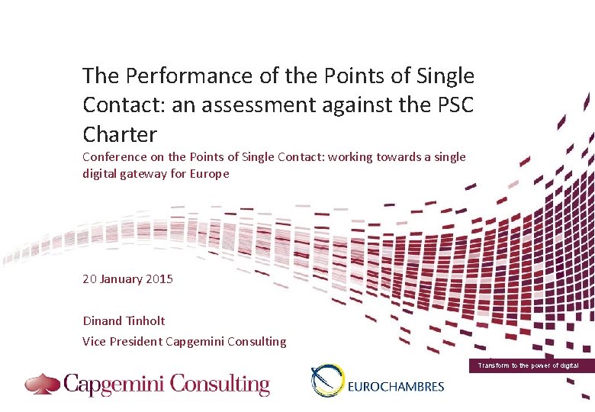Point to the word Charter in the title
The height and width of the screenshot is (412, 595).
coord(120,134)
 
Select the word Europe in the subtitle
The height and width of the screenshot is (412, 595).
coord(211,173)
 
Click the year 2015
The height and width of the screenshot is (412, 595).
coord(159,278)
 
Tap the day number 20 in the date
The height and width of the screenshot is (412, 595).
coord(89,278)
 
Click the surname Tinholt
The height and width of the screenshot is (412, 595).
coord(144,320)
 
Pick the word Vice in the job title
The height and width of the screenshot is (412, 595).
coord(95,342)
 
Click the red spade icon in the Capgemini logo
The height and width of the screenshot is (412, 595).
coord(42,383)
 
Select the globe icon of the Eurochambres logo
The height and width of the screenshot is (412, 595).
coord(327,381)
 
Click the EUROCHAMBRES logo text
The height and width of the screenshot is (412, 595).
coord(395,386)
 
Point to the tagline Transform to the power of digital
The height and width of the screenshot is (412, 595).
coord(528,366)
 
